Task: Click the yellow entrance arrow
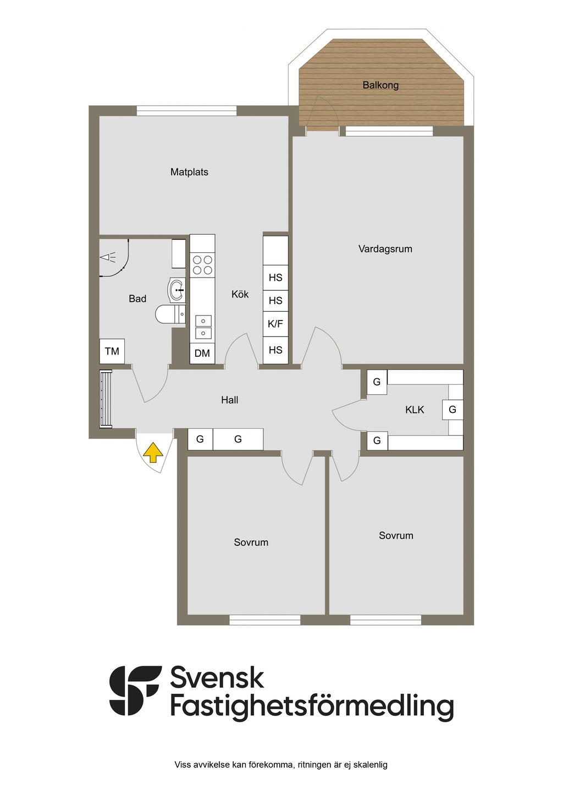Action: tap(153, 452)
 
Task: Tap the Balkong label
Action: tap(380, 85)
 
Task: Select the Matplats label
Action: tap(189, 172)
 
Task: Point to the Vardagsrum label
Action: tap(385, 248)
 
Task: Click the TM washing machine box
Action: tap(112, 351)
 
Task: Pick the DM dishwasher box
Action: tap(202, 353)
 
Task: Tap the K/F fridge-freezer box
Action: tap(275, 324)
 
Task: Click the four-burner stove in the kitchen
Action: tap(202, 265)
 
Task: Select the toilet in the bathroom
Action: tap(170, 314)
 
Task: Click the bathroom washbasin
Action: tap(176, 290)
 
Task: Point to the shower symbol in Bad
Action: tap(108, 257)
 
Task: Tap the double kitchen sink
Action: tap(203, 327)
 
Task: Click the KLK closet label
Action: tap(415, 410)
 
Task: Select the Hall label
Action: tap(230, 400)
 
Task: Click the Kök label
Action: tap(240, 294)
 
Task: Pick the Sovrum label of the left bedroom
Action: tap(251, 542)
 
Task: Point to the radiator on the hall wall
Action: tap(106, 399)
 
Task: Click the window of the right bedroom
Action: tap(385, 620)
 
